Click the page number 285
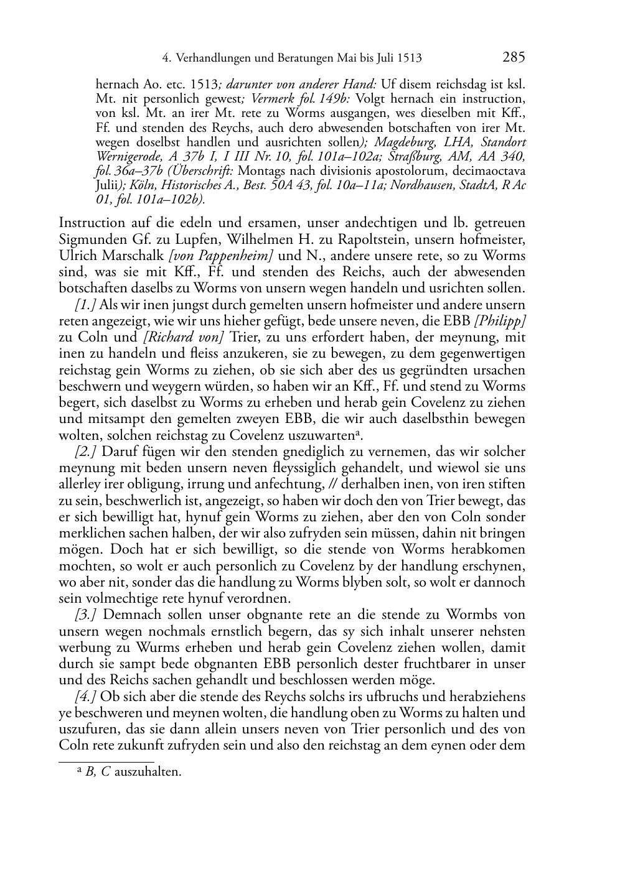coord(514,58)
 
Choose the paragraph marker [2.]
coord(85,452)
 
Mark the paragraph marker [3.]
coord(85,615)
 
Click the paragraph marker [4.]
coord(85,696)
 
